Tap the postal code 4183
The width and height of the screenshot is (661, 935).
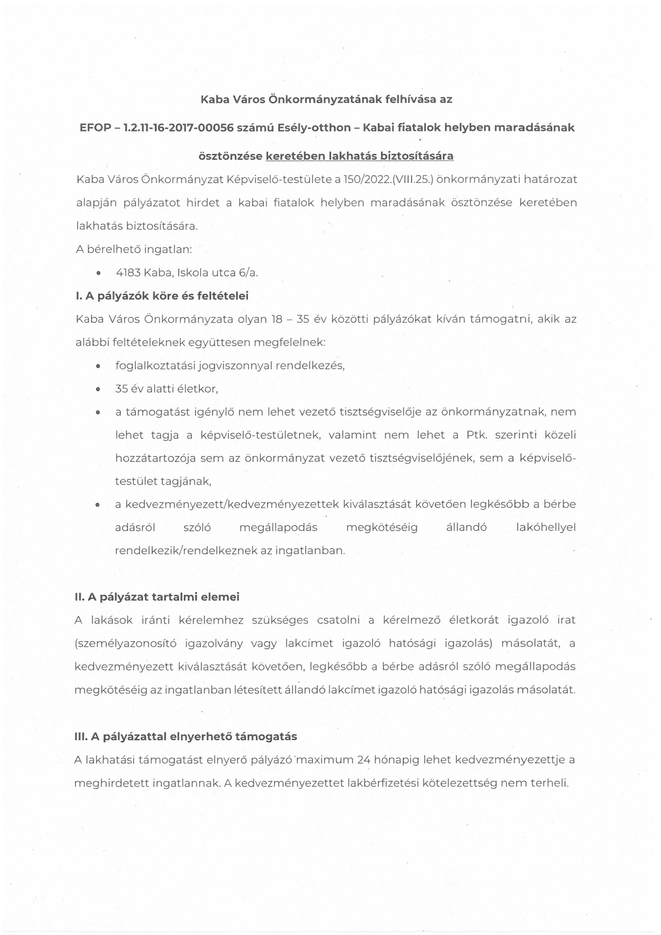pyautogui.click(x=128, y=273)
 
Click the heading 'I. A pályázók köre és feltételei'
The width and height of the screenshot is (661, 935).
pyautogui.click(x=162, y=295)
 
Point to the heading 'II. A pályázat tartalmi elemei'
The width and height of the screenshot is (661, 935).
pyautogui.click(x=157, y=597)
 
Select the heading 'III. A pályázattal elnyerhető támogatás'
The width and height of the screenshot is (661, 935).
pyautogui.click(x=186, y=737)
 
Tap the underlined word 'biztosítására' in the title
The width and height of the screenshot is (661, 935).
pyautogui.click(x=421, y=156)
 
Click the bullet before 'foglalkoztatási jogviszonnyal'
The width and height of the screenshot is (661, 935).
pyautogui.click(x=98, y=366)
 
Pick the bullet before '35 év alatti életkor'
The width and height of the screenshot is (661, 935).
pyautogui.click(x=98, y=389)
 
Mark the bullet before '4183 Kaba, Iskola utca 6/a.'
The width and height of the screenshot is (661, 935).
pyautogui.click(x=98, y=273)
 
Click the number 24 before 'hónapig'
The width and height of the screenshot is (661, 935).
pyautogui.click(x=364, y=760)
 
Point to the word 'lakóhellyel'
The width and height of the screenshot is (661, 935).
pyautogui.click(x=546, y=528)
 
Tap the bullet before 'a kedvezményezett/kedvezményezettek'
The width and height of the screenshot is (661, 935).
pyautogui.click(x=98, y=505)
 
